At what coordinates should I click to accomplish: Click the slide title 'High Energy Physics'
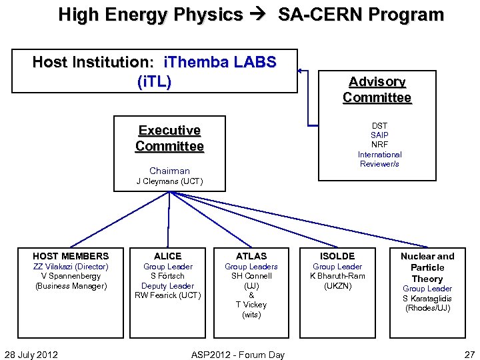pyautogui.click(x=151, y=14)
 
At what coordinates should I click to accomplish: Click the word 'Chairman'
pyautogui.click(x=169, y=171)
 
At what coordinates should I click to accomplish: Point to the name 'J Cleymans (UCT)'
pyautogui.click(x=169, y=181)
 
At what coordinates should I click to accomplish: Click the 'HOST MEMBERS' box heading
pyautogui.click(x=71, y=256)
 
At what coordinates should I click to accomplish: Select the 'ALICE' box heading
pyautogui.click(x=167, y=256)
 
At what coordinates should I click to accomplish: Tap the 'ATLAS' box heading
pyautogui.click(x=251, y=256)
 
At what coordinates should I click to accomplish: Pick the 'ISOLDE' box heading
pyautogui.click(x=337, y=256)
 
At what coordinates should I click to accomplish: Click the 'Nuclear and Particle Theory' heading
pyautogui.click(x=427, y=267)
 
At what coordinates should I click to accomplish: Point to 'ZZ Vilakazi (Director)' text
pyautogui.click(x=71, y=267)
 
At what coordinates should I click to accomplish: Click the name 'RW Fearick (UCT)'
pyautogui.click(x=167, y=295)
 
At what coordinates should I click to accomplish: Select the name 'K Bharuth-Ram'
pyautogui.click(x=337, y=276)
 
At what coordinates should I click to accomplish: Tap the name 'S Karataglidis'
pyautogui.click(x=427, y=298)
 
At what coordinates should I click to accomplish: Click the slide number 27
pyautogui.click(x=469, y=354)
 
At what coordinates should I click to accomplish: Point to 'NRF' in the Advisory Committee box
pyautogui.click(x=379, y=145)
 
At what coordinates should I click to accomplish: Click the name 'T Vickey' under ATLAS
pyautogui.click(x=251, y=305)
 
